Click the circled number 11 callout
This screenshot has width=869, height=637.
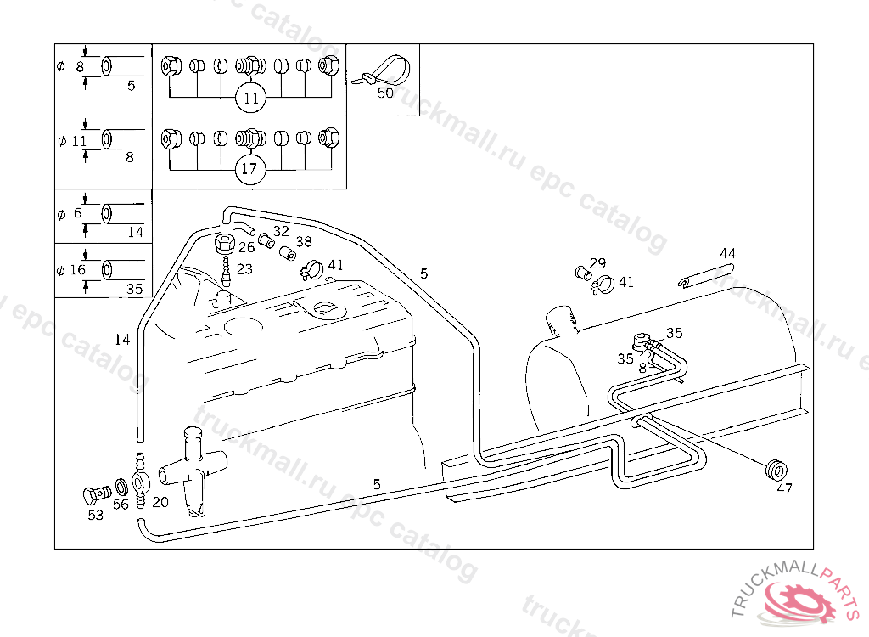250,99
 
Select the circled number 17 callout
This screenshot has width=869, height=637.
249,168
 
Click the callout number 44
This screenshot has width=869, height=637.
727,253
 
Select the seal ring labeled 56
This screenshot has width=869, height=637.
121,488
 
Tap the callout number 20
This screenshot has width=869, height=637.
160,502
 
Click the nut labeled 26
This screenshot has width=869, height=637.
225,244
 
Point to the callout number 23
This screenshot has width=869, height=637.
244,268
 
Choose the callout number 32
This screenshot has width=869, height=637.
281,231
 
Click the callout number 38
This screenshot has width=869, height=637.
303,242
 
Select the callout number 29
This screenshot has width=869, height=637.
597,263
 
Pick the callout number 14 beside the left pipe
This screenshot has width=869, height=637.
122,340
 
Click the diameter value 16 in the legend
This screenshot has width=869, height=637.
77,270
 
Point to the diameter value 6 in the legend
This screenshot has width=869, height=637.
77,213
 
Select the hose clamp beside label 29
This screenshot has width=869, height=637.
603,286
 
